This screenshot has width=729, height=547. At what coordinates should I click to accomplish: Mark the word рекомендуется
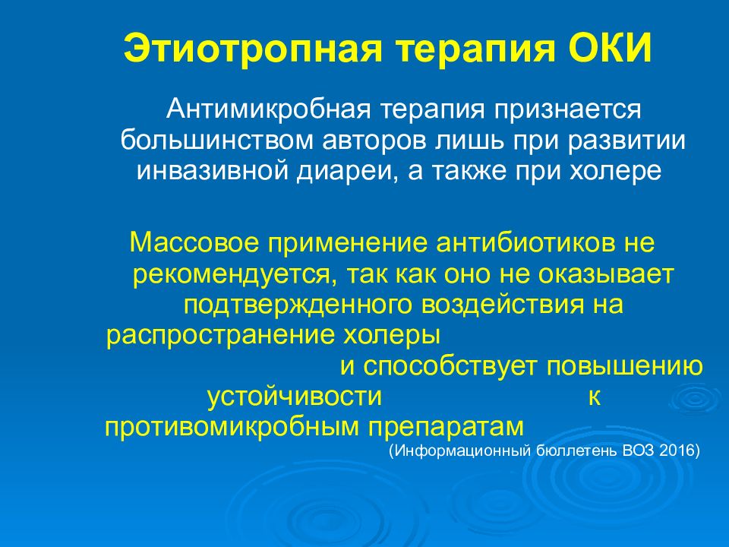pyautogui.click(x=231, y=274)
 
